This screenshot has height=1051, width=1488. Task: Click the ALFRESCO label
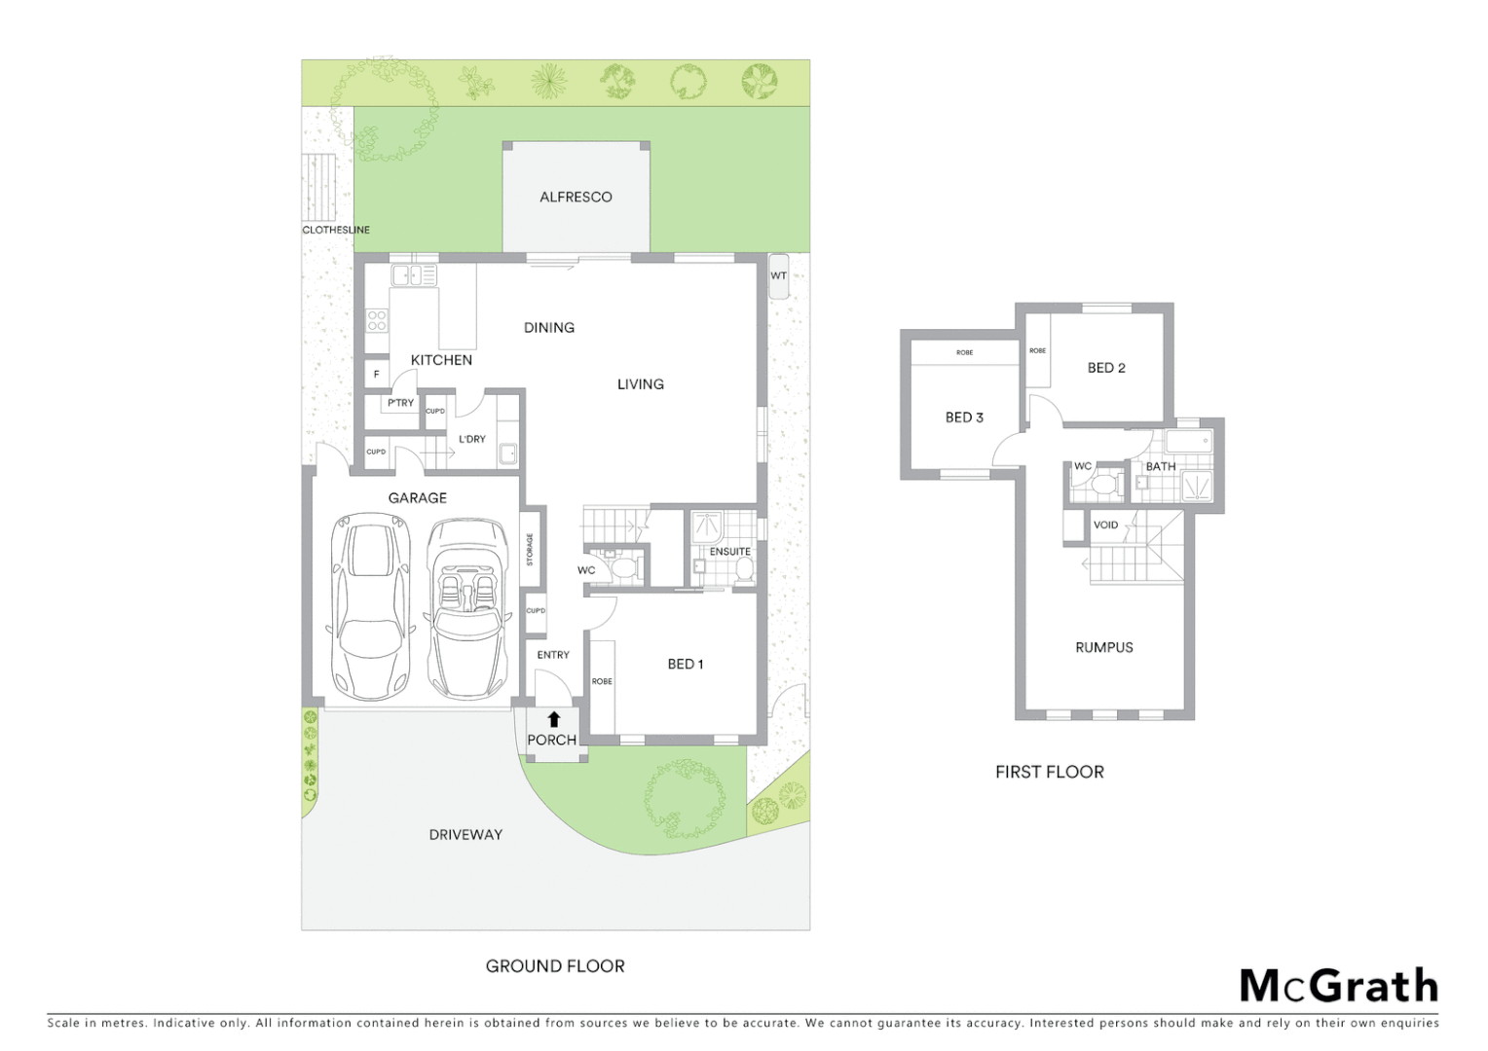click(576, 197)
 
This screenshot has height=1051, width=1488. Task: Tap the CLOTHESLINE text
click(336, 230)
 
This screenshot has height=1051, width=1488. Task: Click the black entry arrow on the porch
click(553, 720)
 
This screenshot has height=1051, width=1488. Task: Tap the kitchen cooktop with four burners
click(377, 320)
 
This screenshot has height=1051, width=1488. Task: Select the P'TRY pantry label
click(400, 402)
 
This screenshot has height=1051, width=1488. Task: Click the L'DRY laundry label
click(472, 439)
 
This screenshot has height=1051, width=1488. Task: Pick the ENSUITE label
click(729, 551)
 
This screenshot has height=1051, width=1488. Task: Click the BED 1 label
click(685, 664)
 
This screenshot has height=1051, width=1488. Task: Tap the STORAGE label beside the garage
click(531, 550)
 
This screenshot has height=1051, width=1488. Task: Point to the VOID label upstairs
click(1105, 525)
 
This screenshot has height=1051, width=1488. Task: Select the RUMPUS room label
click(1103, 647)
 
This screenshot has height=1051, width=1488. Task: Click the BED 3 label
click(964, 417)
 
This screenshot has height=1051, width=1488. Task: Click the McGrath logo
click(1337, 986)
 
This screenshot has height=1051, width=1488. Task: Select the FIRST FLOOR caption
click(1049, 772)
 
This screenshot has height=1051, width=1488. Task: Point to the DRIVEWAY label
click(465, 834)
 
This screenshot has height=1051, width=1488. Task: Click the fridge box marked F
click(377, 374)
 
